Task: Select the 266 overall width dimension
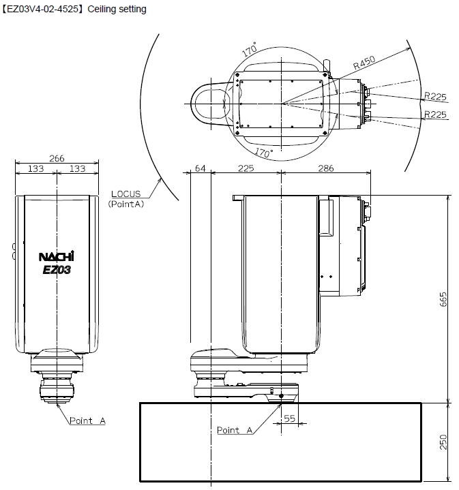click(x=57, y=159)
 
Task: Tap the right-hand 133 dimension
click(x=77, y=169)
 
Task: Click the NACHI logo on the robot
click(x=56, y=257)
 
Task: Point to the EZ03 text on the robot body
click(x=56, y=269)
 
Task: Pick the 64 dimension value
click(x=200, y=169)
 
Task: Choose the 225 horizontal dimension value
click(x=246, y=169)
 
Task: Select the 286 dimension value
click(x=325, y=169)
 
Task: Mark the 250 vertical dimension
click(x=443, y=442)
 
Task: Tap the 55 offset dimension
click(x=289, y=419)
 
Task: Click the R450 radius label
click(x=365, y=65)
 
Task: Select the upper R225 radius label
click(x=434, y=95)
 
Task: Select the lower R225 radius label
click(x=434, y=114)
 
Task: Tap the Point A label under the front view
click(x=87, y=421)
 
